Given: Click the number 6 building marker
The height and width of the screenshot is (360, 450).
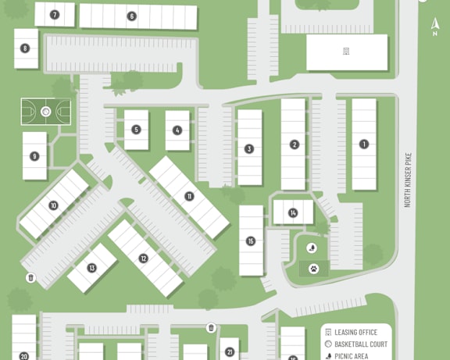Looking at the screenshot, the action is pyautogui.click(x=132, y=16).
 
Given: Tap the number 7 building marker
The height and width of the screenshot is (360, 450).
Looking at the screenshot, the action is pyautogui.click(x=55, y=15).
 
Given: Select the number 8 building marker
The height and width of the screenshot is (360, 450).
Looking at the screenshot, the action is pyautogui.click(x=25, y=48).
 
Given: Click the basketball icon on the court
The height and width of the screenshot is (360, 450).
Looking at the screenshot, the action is pyautogui.click(x=46, y=112).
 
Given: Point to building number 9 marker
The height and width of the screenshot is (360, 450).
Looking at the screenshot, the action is pyautogui.click(x=34, y=156).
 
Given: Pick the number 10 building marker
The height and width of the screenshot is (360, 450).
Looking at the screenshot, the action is pyautogui.click(x=53, y=205).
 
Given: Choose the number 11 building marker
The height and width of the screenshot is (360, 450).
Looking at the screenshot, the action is pyautogui.click(x=189, y=197).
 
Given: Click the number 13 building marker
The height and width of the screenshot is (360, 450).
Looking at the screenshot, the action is pyautogui.click(x=92, y=268).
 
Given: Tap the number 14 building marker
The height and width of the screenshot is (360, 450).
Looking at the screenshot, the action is pyautogui.click(x=293, y=213).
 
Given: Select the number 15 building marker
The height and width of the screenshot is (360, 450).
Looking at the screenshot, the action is pyautogui.click(x=251, y=241).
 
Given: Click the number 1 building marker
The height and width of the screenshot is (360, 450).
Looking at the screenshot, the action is pyautogui.click(x=364, y=144).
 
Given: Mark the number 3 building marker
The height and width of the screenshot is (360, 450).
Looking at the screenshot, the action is pyautogui.click(x=249, y=149).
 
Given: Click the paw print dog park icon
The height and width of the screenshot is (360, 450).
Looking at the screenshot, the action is pyautogui.click(x=314, y=269).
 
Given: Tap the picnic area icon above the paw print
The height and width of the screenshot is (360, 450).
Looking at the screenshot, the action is pyautogui.click(x=312, y=248).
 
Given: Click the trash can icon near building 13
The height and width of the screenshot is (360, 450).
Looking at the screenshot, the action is pyautogui.click(x=31, y=278).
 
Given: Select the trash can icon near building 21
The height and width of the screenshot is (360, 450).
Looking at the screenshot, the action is pyautogui.click(x=211, y=327).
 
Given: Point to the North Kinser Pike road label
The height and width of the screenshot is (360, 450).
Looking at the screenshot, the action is pyautogui.click(x=408, y=180).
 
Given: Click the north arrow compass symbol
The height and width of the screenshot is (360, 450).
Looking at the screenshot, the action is pyautogui.click(x=435, y=27).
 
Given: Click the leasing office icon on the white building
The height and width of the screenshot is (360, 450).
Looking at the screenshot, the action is pyautogui.click(x=346, y=52).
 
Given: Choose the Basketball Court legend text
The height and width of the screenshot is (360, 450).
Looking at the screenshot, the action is pyautogui.click(x=361, y=344).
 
